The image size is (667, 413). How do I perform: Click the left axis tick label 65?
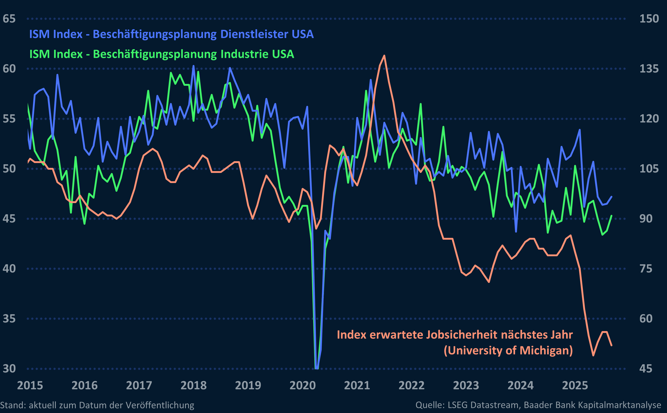click(9, 19)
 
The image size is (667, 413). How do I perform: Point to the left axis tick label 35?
click(9, 319)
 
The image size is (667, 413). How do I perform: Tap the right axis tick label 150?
click(649, 19)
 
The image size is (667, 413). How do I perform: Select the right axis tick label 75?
click(646, 269)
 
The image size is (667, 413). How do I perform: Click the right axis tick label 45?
click(646, 369)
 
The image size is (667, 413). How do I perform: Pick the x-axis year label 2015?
click(30, 385)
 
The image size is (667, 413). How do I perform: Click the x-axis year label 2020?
click(302, 385)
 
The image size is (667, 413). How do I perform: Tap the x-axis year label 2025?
click(575, 385)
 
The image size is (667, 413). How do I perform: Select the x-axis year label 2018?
click(193, 385)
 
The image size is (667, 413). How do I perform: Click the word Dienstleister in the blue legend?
click(254, 34)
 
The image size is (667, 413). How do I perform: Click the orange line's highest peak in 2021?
click(384, 56)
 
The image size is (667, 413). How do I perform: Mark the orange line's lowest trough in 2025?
click(593, 355)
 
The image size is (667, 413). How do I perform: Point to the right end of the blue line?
click(612, 197)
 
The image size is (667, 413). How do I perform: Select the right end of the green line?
click(612, 216)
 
